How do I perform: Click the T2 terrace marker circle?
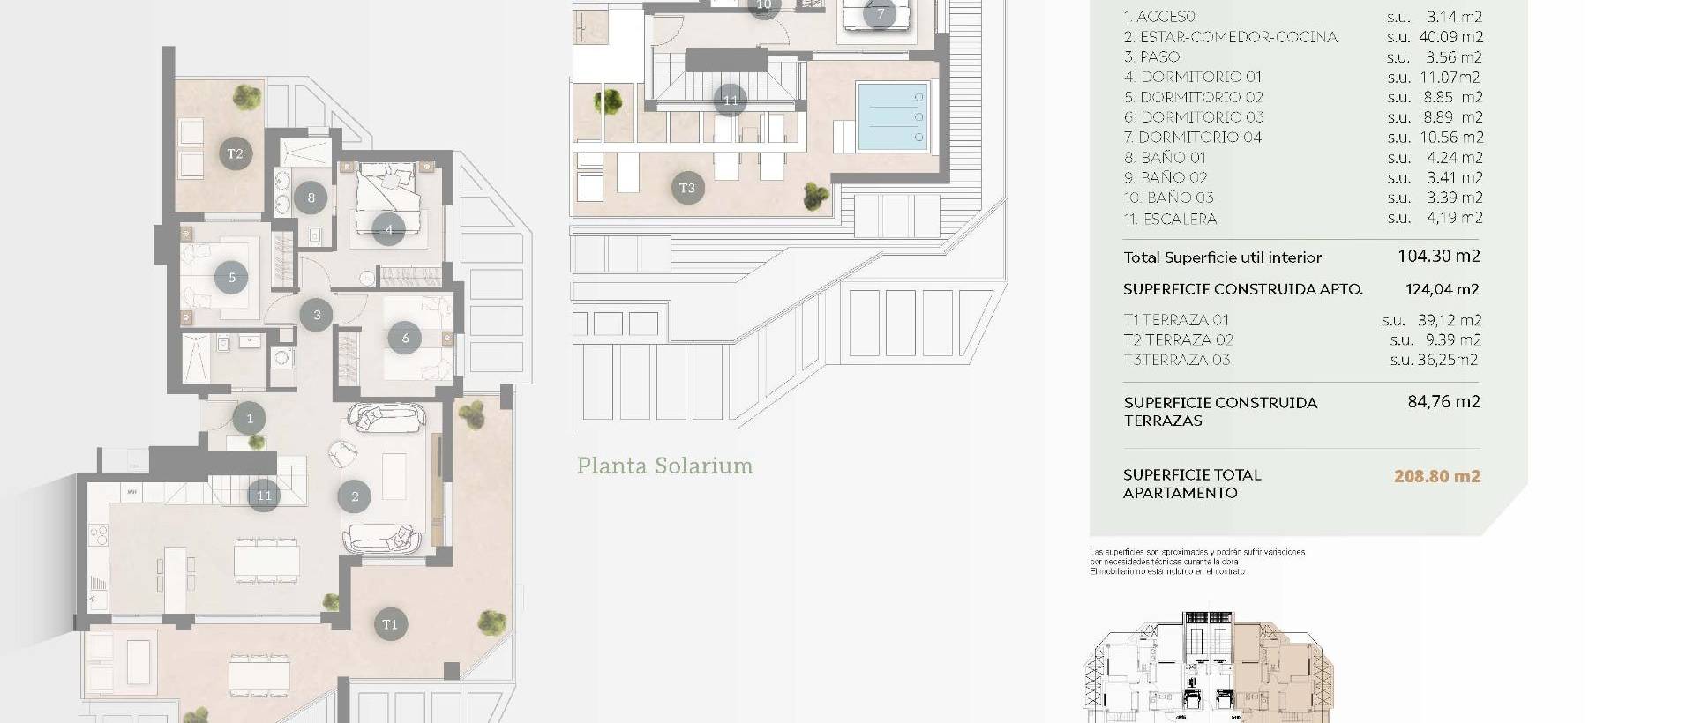click(235, 154)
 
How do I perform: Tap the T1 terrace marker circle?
click(389, 625)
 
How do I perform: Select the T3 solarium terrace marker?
click(687, 188)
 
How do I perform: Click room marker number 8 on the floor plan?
click(311, 198)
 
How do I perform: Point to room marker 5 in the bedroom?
click(232, 278)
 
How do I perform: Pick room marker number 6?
click(405, 338)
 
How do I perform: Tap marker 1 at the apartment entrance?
click(250, 419)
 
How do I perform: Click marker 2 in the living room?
click(355, 497)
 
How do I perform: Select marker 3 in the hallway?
click(317, 315)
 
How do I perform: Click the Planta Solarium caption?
click(664, 466)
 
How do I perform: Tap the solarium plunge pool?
click(893, 116)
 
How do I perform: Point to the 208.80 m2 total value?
click(1436, 476)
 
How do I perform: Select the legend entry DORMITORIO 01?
click(1193, 78)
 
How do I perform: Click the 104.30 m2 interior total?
click(1438, 257)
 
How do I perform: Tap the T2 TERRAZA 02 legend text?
click(1178, 340)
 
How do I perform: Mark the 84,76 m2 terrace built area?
click(1443, 402)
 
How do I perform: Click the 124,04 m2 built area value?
click(1442, 289)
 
